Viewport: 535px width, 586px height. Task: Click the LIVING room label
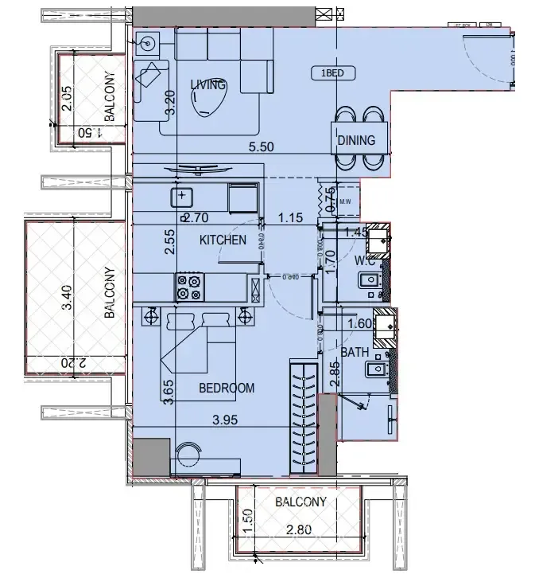click(x=208, y=85)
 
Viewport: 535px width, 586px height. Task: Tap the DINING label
click(x=355, y=141)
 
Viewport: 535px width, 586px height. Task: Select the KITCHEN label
click(x=222, y=240)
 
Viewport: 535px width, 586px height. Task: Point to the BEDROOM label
click(x=227, y=388)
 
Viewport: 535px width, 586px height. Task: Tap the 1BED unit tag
click(x=333, y=73)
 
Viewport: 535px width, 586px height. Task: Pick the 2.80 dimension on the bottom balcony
click(x=300, y=529)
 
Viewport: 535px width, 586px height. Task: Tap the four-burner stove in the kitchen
click(x=188, y=287)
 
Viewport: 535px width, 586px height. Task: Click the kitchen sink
click(x=183, y=195)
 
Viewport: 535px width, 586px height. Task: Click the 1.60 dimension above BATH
click(x=361, y=323)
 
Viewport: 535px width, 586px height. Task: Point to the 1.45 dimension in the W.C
click(x=357, y=232)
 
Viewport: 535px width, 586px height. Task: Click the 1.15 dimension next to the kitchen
click(x=290, y=216)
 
